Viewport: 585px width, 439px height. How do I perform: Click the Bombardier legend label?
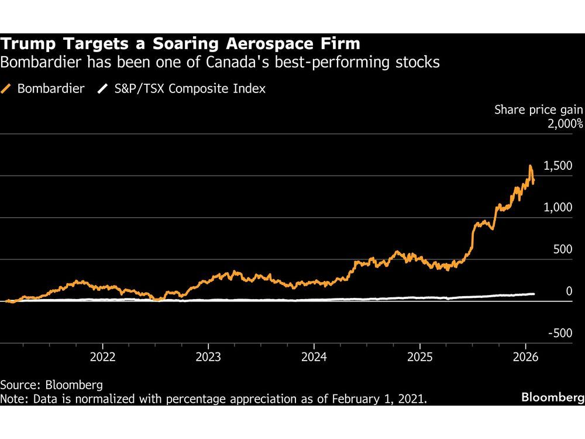click(51, 89)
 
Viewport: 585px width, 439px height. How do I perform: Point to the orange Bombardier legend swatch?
click(8, 89)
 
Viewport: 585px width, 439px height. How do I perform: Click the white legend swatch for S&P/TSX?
click(103, 89)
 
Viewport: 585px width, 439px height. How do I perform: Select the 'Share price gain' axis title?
click(539, 109)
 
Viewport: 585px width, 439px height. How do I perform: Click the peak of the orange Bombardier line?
click(530, 166)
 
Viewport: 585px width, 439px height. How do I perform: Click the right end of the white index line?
click(534, 294)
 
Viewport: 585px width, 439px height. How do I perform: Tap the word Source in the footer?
click(17, 385)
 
